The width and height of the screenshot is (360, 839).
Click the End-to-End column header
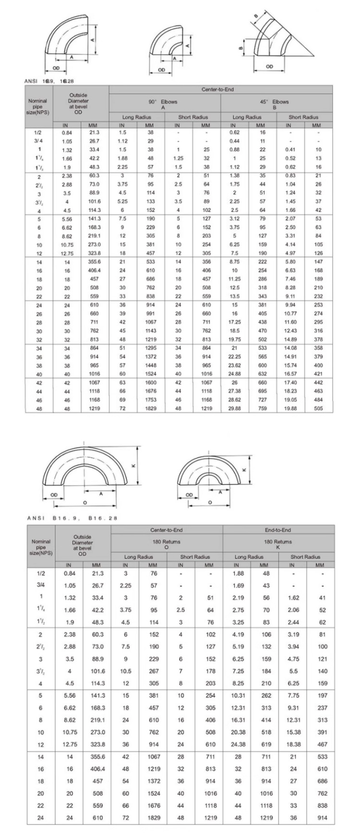click(278, 530)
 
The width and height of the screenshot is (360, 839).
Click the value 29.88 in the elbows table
click(235, 408)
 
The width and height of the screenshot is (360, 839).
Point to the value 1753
click(150, 400)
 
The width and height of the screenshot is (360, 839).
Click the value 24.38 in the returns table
click(239, 744)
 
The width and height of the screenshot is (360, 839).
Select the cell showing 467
click(323, 744)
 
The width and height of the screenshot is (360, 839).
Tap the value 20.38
click(239, 732)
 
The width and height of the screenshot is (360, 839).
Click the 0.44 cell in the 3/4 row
click(235, 141)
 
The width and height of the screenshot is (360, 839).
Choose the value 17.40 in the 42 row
click(290, 382)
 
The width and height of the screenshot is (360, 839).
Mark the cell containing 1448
click(150, 365)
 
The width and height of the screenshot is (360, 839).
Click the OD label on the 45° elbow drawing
click(269, 67)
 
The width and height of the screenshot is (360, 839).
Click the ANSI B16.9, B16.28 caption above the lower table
click(72, 518)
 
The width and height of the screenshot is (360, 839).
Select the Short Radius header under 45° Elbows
click(303, 117)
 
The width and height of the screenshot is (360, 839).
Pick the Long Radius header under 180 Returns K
click(249, 557)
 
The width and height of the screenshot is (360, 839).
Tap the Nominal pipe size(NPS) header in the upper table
click(38, 106)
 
